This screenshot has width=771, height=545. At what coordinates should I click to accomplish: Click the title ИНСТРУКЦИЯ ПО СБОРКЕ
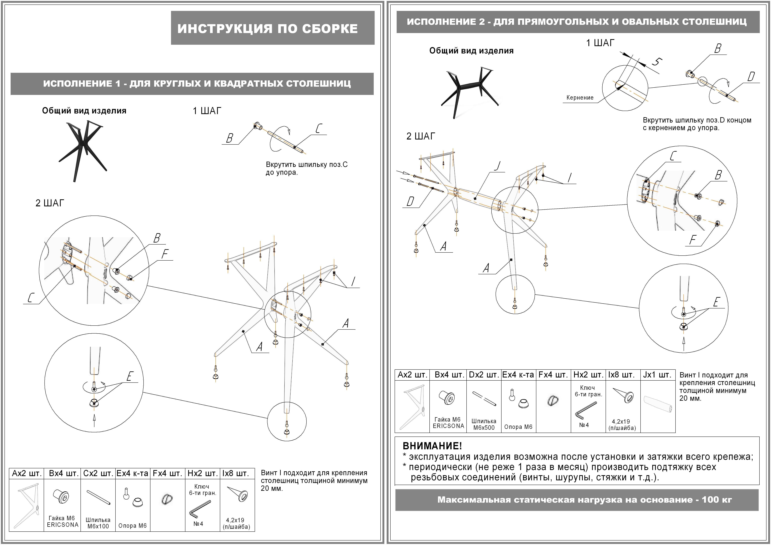pyautogui.click(x=267, y=29)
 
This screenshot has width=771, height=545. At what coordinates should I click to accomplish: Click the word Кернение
pyautogui.click(x=580, y=98)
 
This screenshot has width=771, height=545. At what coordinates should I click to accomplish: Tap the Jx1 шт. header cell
pyautogui.click(x=657, y=375)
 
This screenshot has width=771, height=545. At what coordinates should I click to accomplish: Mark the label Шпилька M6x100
pyautogui.click(x=98, y=523)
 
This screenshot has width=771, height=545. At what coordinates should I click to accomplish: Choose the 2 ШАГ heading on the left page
pyautogui.click(x=50, y=203)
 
